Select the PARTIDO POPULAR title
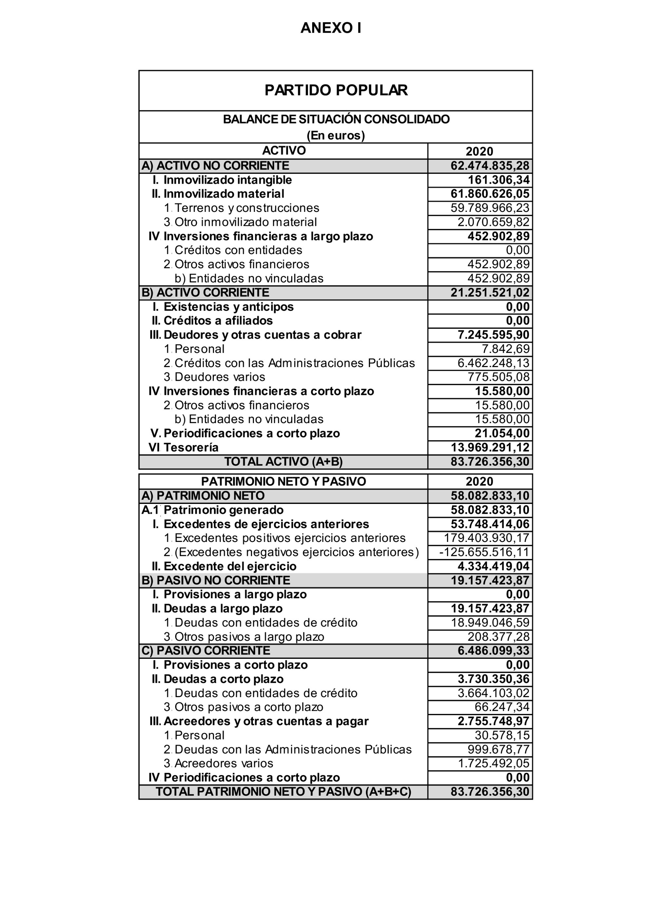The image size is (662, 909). (336, 90)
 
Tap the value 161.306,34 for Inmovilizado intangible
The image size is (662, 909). (499, 180)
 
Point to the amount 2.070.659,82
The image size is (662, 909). (493, 222)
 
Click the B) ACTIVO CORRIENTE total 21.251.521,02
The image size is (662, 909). (490, 293)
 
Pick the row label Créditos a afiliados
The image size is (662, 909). (218, 321)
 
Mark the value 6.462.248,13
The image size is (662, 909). (493, 363)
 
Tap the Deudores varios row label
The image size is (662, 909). (220, 377)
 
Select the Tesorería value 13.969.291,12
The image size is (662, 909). (490, 447)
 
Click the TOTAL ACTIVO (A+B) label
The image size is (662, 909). (283, 462)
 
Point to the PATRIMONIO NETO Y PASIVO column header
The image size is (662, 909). (283, 481)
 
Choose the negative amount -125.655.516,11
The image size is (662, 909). (484, 552)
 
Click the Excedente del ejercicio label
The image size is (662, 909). (230, 566)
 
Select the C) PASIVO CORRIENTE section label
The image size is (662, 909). (206, 651)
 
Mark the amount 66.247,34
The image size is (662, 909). (502, 707)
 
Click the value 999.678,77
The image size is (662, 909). (499, 750)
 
